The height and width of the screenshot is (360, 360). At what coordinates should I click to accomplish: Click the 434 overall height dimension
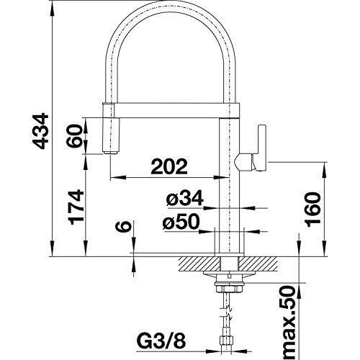click(x=40, y=131)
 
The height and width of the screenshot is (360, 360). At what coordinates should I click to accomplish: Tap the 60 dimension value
click(x=74, y=135)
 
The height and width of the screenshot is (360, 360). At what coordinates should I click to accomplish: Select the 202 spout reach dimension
click(x=169, y=166)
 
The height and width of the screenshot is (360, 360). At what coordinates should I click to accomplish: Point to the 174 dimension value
click(x=76, y=207)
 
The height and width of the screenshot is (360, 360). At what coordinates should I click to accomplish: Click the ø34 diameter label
click(x=184, y=198)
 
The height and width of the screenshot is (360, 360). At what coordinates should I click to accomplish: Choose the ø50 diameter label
click(x=181, y=221)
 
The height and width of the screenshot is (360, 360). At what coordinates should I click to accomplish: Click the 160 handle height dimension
click(x=313, y=210)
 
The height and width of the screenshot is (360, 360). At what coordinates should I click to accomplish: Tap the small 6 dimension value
click(x=124, y=227)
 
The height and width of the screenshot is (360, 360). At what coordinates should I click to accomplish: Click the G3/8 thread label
click(x=161, y=341)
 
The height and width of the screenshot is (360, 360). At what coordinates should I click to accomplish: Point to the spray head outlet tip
click(x=111, y=153)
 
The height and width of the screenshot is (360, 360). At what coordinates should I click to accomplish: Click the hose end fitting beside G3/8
click(x=227, y=341)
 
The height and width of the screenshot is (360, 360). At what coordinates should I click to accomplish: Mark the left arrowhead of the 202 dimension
click(x=117, y=177)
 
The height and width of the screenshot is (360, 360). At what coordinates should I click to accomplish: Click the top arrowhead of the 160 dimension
click(x=325, y=170)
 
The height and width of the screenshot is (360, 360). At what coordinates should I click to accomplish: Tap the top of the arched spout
click(x=171, y=2)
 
